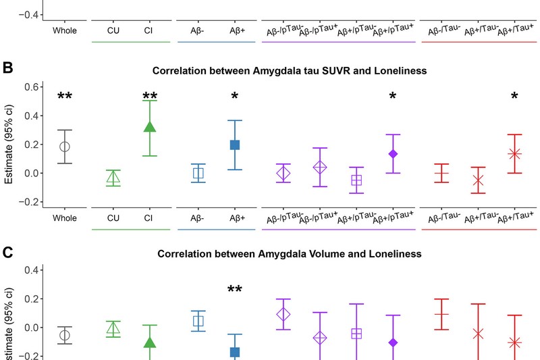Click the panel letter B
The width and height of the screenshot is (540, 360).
pyautogui.click(x=8, y=68)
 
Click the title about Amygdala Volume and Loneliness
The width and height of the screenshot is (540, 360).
pyautogui.click(x=290, y=254)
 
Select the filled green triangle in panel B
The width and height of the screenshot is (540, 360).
pyautogui.click(x=150, y=126)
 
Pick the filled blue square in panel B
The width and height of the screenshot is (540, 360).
pyautogui.click(x=235, y=145)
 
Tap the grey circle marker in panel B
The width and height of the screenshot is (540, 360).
pyautogui.click(x=65, y=147)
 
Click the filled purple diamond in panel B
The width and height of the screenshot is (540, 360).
pyautogui.click(x=393, y=154)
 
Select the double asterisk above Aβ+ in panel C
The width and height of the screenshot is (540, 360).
pyautogui.click(x=235, y=290)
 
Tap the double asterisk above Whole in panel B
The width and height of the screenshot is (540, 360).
pyautogui.click(x=65, y=97)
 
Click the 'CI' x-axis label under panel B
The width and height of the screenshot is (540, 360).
pyautogui.click(x=148, y=217)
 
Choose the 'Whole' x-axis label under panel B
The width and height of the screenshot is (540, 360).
pyautogui.click(x=65, y=217)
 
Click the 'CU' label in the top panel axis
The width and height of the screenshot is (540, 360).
pyautogui.click(x=113, y=30)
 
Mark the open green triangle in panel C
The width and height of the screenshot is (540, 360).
pyautogui.click(x=113, y=329)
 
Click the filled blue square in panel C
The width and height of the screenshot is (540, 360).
pyautogui.click(x=235, y=352)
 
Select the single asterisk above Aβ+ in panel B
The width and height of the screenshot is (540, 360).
pyautogui.click(x=235, y=97)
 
